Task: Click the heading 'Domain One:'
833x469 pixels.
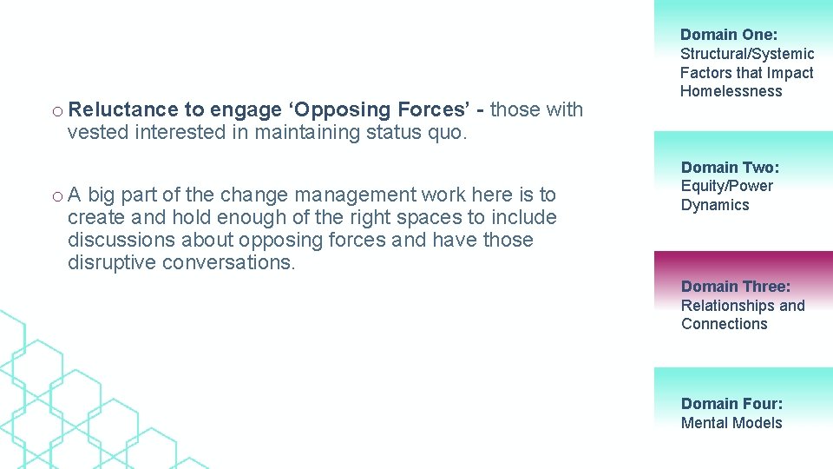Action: coord(729,35)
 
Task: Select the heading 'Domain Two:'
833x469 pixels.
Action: coord(730,167)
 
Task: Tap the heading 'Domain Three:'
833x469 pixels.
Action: coord(736,286)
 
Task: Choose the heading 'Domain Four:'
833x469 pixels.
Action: coord(731,403)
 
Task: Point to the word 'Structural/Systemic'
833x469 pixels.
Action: coord(746,54)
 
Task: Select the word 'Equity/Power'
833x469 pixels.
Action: coord(726,186)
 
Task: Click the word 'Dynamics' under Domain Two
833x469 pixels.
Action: coord(715,205)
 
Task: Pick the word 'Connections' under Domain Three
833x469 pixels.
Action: coord(724,324)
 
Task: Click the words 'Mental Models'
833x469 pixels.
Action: coord(731,423)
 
